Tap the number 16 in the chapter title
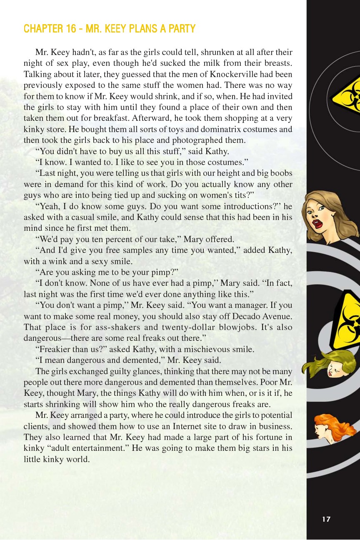(x=71, y=29)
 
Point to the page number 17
(x=326, y=519)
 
